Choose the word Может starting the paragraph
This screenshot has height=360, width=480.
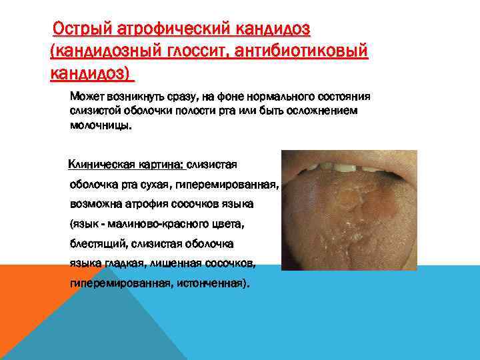click(x=86, y=97)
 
